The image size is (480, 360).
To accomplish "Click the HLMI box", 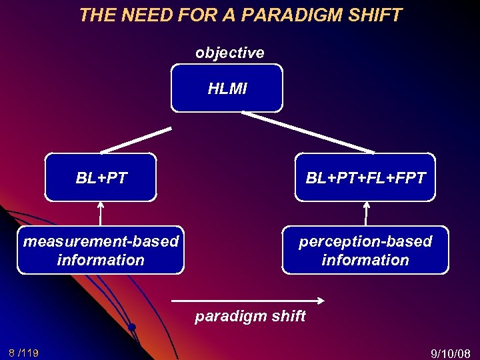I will (x=227, y=88).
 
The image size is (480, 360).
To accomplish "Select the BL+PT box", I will (x=101, y=177).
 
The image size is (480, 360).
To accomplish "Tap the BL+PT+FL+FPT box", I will (x=365, y=177).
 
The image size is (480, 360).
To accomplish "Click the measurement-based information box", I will (x=101, y=251).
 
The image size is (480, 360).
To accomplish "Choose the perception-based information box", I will (x=365, y=251).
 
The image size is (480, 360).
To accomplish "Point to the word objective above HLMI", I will (x=229, y=53).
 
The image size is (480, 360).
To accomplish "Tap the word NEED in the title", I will (x=143, y=15).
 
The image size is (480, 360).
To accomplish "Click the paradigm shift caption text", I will (x=250, y=316).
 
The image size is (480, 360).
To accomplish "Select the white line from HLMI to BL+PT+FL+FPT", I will (x=308, y=133).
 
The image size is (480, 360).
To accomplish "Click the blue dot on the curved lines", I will (x=132, y=327).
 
